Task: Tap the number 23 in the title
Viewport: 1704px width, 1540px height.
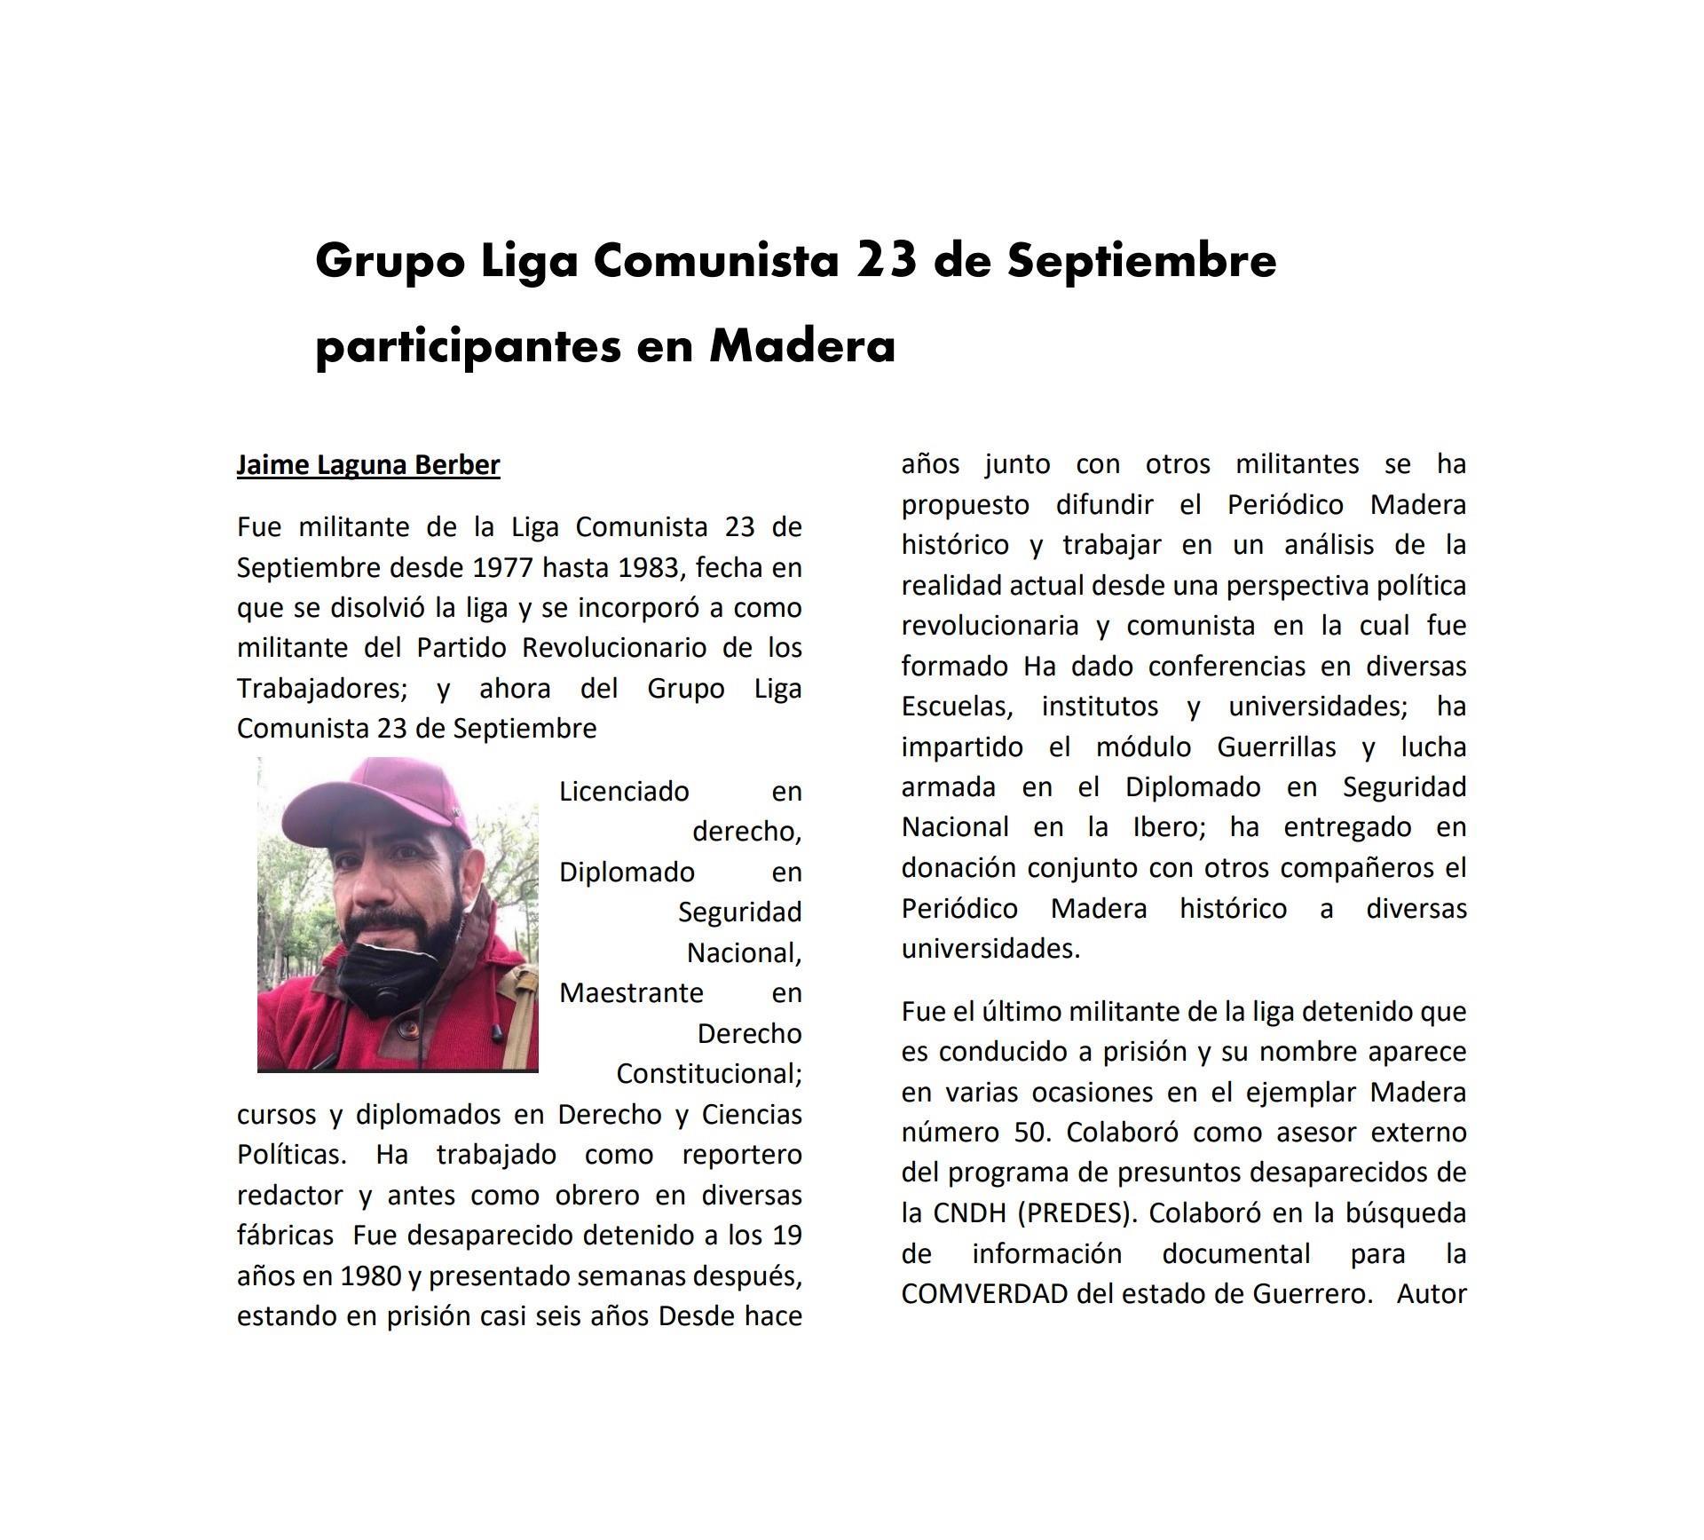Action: (x=887, y=261)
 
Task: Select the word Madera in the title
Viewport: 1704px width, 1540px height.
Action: (x=802, y=345)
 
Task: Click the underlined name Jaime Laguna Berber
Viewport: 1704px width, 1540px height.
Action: (x=368, y=464)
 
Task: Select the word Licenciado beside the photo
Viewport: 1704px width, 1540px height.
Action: (x=624, y=791)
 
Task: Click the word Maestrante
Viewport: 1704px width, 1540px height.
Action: (x=631, y=992)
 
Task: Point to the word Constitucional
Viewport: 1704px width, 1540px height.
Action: (x=708, y=1073)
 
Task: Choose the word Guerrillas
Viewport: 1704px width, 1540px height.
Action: (x=1276, y=746)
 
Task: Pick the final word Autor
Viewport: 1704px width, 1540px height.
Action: (x=1431, y=1293)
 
